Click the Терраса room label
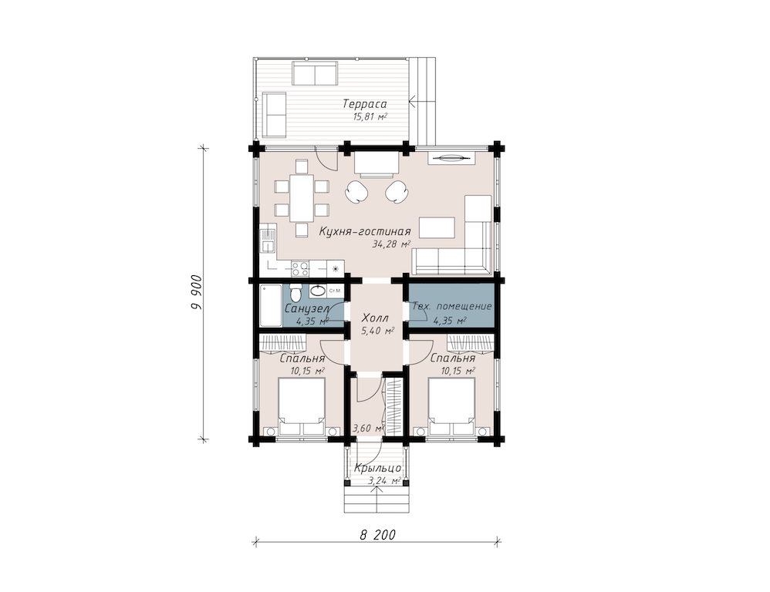click(x=365, y=104)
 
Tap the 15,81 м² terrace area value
click(x=370, y=116)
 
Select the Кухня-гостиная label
click(x=365, y=231)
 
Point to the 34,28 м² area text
click(x=391, y=244)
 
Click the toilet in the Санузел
click(x=296, y=294)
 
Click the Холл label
click(x=375, y=318)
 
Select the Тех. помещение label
click(x=452, y=307)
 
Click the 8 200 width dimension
click(x=377, y=535)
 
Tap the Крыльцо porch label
click(x=377, y=469)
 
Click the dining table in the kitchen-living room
click(x=302, y=198)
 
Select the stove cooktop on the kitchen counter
click(x=300, y=267)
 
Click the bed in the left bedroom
click(x=302, y=406)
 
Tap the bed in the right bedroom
click(x=452, y=406)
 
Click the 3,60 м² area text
click(x=367, y=429)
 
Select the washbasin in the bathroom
click(x=318, y=291)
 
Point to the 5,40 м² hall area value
click(x=378, y=331)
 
